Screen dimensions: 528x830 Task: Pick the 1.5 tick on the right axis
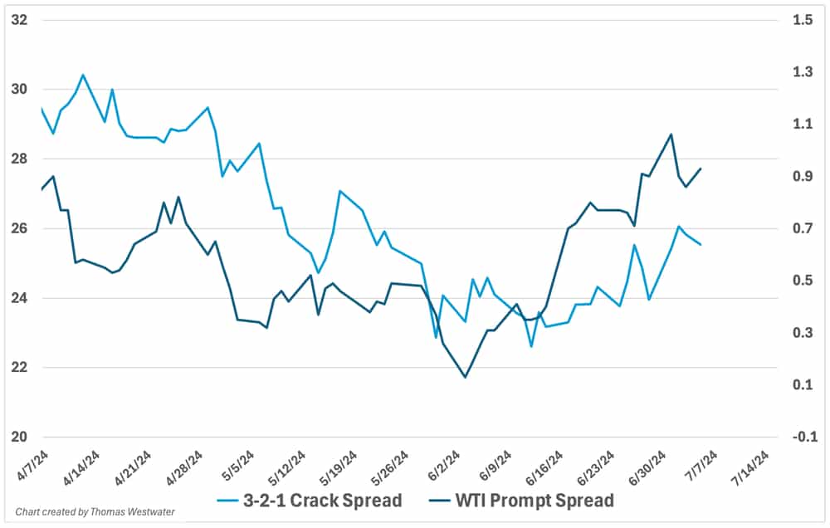coord(803,20)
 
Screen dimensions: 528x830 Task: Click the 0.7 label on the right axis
coord(803,228)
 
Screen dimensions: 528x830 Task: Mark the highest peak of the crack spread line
coord(83,75)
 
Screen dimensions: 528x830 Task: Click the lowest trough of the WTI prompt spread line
coord(465,377)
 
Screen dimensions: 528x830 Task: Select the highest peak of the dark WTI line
coord(671,134)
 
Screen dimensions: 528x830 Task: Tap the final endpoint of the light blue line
coord(701,244)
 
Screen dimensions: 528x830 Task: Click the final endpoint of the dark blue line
coord(701,169)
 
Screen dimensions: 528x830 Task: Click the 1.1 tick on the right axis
coord(803,124)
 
